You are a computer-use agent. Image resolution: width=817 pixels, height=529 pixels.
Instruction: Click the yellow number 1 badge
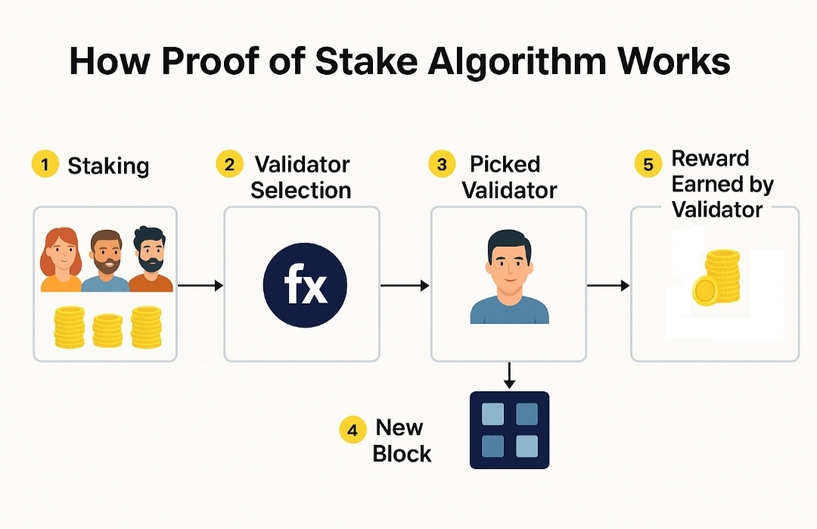coord(45,164)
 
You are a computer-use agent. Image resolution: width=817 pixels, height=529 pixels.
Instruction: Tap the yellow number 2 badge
coord(229,164)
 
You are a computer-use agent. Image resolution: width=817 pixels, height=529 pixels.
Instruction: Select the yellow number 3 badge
coord(443,164)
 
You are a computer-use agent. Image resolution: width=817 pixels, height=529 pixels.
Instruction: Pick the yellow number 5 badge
coord(647,164)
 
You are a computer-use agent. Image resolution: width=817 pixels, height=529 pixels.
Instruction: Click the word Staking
coord(108,166)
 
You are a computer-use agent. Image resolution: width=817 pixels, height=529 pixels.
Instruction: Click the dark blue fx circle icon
coord(305,286)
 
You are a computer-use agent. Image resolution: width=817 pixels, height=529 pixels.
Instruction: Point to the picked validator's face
coord(509,262)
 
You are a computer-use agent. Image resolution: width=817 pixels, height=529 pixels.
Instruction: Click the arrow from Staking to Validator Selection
coord(200,285)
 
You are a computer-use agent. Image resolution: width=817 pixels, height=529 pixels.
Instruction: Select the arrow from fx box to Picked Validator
coord(405,285)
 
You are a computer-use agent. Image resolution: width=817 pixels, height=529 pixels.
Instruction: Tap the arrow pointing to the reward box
coord(608,285)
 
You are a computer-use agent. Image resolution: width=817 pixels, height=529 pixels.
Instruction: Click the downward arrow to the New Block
coord(509,375)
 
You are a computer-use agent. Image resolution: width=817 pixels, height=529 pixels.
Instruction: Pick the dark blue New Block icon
coord(509,429)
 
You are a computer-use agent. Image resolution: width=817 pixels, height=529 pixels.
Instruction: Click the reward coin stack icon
coord(717,279)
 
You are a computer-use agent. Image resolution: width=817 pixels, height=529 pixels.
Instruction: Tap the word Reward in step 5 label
coord(710,159)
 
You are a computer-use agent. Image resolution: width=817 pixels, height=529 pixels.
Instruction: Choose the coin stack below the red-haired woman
coord(69,327)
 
